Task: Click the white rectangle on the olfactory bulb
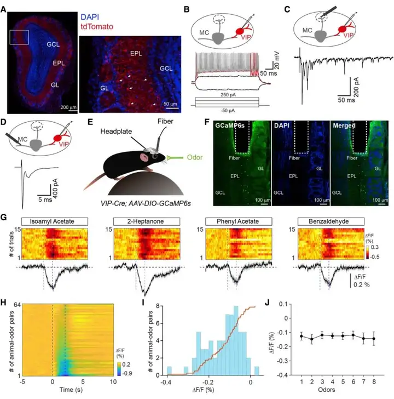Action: coord(19,38)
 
